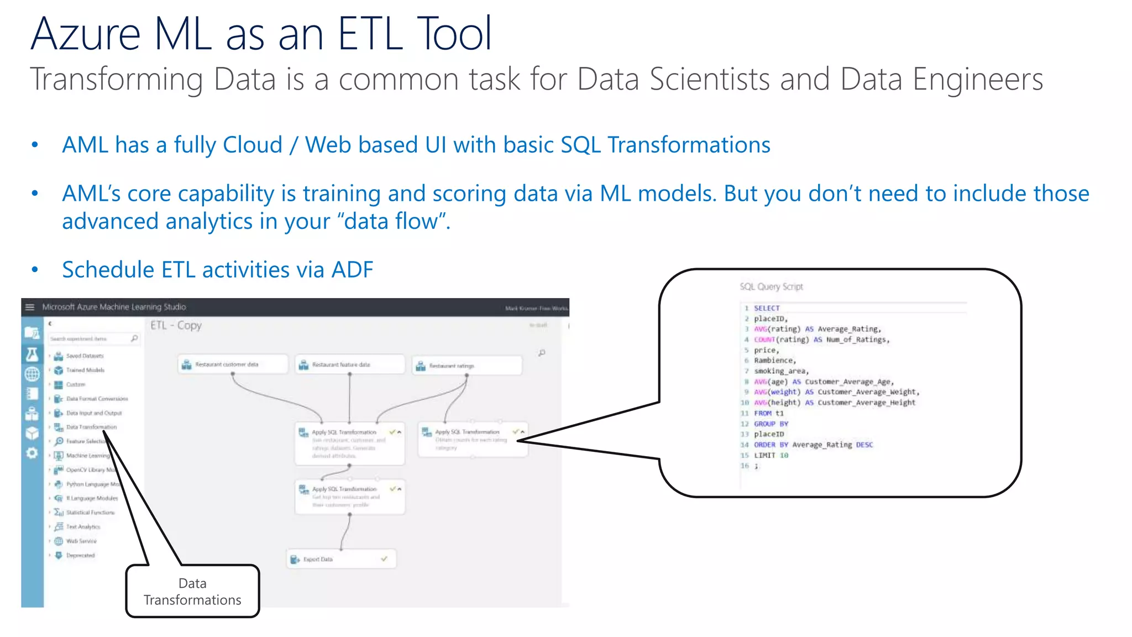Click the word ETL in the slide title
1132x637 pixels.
click(x=370, y=34)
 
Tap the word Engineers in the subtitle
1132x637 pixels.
click(x=977, y=79)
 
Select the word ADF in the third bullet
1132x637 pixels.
click(x=352, y=270)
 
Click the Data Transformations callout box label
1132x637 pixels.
click(x=192, y=591)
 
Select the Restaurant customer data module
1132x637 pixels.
click(x=233, y=364)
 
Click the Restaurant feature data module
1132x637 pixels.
click(x=349, y=365)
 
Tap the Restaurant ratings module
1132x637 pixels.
click(x=466, y=366)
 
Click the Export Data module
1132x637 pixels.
click(x=341, y=559)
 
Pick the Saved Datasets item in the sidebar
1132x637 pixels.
click(x=85, y=356)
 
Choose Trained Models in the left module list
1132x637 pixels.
click(x=85, y=370)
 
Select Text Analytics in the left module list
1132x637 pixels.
click(x=83, y=527)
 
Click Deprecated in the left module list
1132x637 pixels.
click(x=80, y=555)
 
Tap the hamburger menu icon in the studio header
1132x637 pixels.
click(x=30, y=307)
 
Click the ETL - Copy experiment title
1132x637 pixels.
click(x=176, y=325)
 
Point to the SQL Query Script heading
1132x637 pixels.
click(x=771, y=286)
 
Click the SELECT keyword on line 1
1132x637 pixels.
click(x=767, y=308)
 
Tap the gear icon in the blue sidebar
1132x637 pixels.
click(x=32, y=453)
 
